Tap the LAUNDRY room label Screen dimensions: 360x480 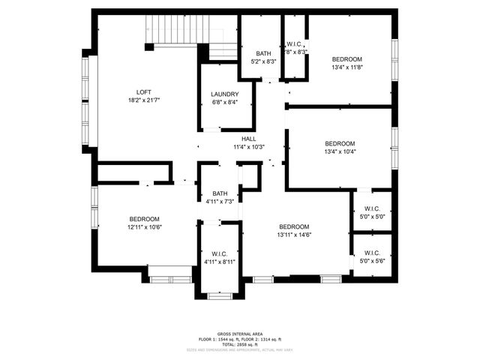click(x=225, y=94)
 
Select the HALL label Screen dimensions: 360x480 click(x=249, y=139)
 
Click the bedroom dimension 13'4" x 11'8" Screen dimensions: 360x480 click(x=347, y=67)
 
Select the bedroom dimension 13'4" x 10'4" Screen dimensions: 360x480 click(x=340, y=151)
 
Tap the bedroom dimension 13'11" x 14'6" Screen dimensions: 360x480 click(x=294, y=235)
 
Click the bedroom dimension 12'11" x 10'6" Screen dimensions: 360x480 click(x=143, y=226)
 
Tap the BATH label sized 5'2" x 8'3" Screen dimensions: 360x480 click(x=263, y=53)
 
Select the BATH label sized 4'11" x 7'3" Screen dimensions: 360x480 click(x=220, y=193)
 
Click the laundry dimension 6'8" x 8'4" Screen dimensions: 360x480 click(x=225, y=103)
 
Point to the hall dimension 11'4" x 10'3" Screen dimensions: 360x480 click(x=249, y=147)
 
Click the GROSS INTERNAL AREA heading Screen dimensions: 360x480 click(x=239, y=334)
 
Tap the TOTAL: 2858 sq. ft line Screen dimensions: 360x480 click(x=239, y=344)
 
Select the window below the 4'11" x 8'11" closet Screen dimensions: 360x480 click(x=220, y=296)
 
